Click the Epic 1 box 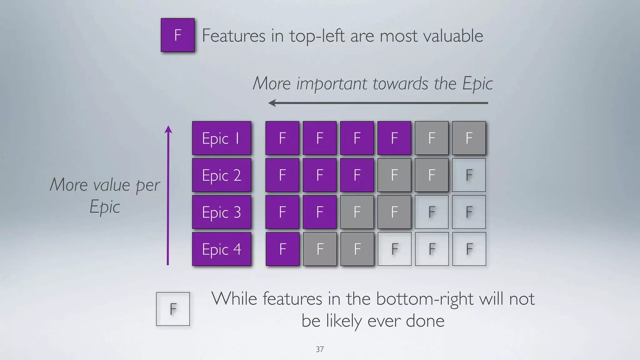click(221, 138)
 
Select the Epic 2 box click(221, 175)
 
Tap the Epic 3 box click(221, 212)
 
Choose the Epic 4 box click(221, 249)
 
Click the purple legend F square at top click(177, 35)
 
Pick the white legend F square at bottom click(173, 309)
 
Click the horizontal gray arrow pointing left click(378, 103)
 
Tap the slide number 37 click(320, 349)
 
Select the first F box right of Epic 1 click(282, 138)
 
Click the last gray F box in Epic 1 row click(469, 138)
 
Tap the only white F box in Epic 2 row click(469, 175)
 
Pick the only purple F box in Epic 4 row click(282, 249)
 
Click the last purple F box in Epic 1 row click(394, 138)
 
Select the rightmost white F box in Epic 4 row click(469, 249)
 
